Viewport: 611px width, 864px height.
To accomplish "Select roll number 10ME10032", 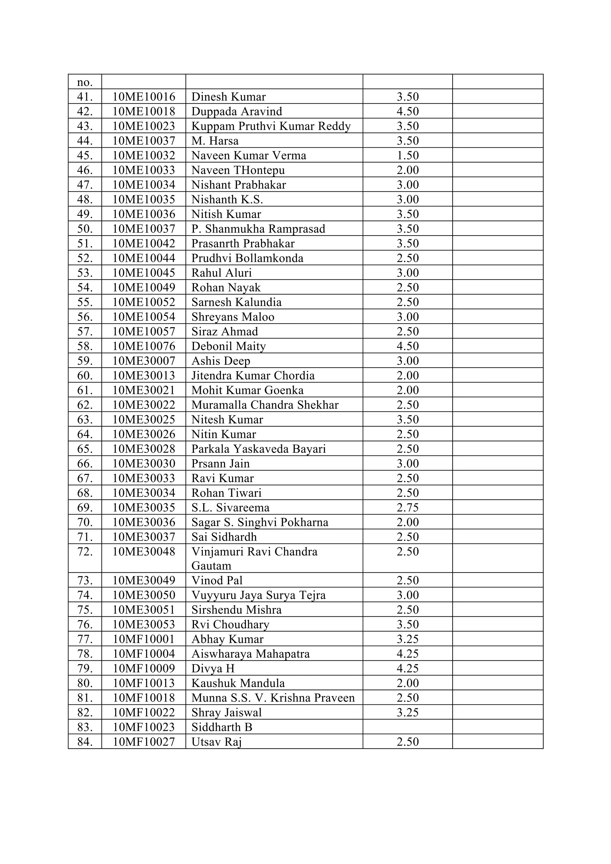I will click(x=144, y=155).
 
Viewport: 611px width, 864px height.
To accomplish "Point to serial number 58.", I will click(x=85, y=346).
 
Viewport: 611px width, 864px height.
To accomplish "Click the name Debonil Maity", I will click(x=229, y=346).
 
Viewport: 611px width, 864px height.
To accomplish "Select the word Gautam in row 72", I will click(x=211, y=566).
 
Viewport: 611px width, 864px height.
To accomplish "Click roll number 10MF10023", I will click(x=144, y=727).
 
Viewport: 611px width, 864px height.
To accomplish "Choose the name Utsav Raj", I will click(x=217, y=742).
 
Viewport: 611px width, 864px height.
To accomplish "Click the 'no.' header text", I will click(x=85, y=82).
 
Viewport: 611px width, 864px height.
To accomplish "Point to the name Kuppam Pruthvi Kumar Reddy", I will click(x=271, y=126).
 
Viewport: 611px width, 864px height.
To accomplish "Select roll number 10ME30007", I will click(x=144, y=361).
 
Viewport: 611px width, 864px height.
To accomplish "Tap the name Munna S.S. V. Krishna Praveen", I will click(x=273, y=698).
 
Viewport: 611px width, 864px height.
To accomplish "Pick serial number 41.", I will click(x=85, y=97).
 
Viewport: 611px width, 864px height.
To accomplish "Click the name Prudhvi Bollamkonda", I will click(x=247, y=258).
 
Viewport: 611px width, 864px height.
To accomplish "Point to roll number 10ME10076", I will click(x=144, y=346).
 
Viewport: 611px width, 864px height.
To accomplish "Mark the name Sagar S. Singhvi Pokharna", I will click(x=260, y=522).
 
